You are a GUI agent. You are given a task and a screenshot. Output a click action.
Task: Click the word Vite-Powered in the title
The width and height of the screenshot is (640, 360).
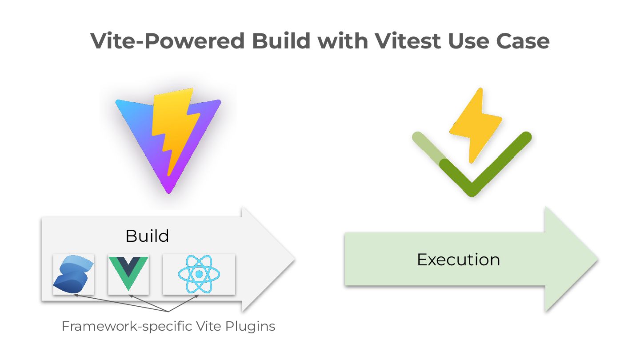pos(167,41)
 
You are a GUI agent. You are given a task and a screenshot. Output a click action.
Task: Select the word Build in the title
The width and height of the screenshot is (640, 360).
pos(281,41)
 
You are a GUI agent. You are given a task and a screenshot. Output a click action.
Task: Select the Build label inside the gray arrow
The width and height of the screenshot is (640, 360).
pos(147,236)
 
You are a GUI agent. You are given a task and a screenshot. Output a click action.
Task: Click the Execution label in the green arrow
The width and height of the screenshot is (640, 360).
pos(458,260)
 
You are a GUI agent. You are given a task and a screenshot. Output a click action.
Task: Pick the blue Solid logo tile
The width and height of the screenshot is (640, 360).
pos(73,274)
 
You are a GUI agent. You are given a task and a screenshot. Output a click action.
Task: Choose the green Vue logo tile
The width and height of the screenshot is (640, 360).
pos(128,274)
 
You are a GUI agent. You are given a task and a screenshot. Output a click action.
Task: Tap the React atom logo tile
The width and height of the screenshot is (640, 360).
pos(199,274)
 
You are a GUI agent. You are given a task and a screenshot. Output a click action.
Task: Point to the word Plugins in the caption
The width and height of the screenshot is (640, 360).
pos(250,327)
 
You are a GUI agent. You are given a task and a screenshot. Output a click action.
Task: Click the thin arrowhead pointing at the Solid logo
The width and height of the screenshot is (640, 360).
pos(76,295)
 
